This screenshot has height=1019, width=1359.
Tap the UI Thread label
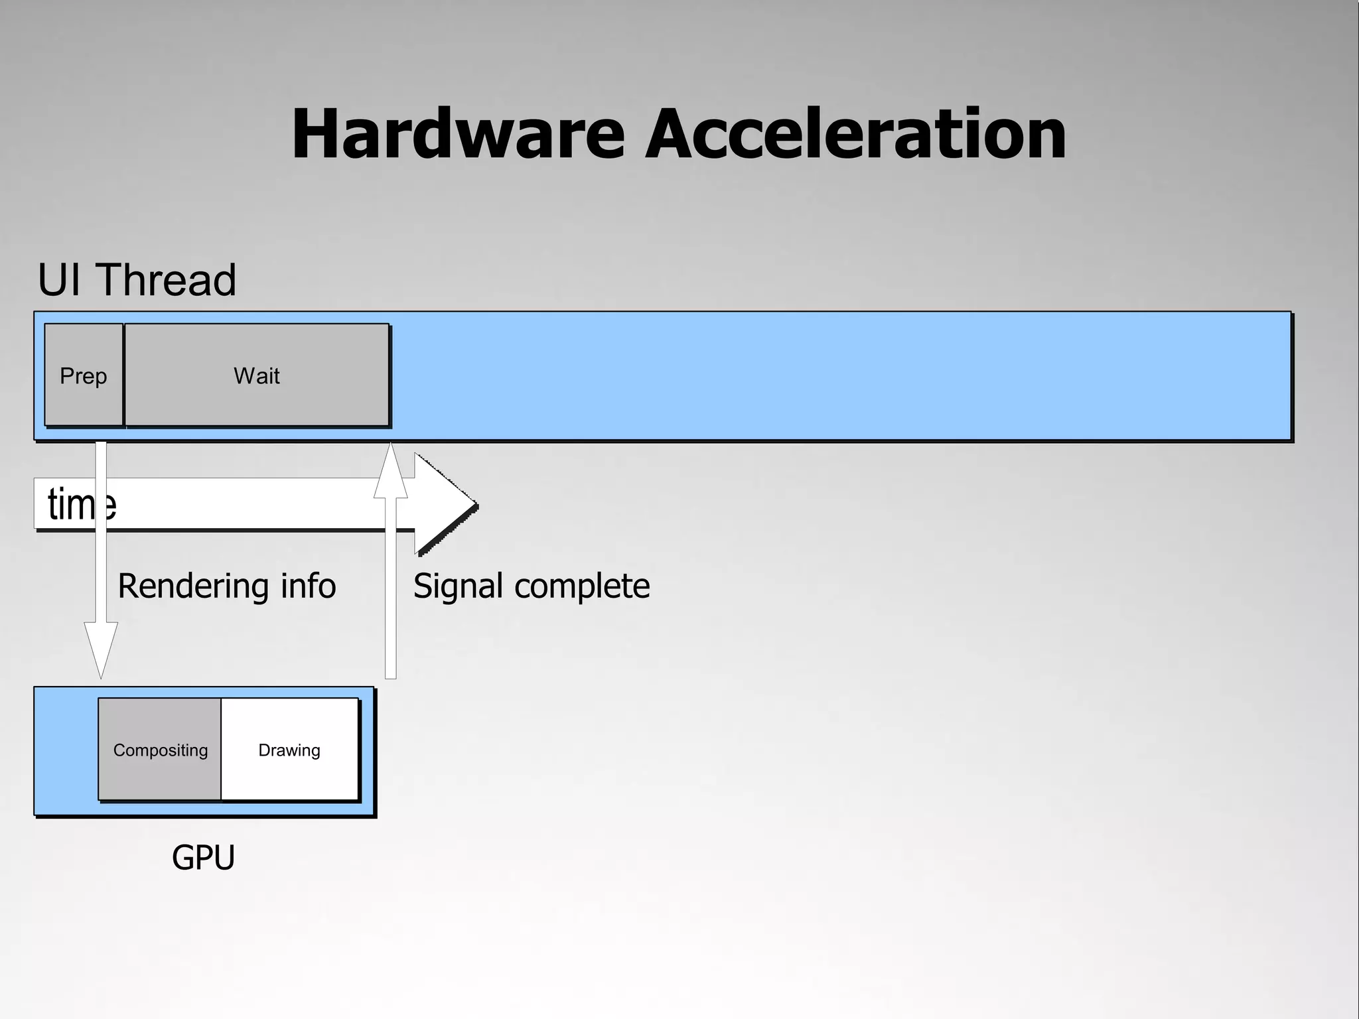pos(137,280)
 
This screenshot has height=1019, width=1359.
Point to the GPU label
pos(203,857)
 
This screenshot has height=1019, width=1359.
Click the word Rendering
pos(192,586)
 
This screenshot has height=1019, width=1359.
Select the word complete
pos(582,586)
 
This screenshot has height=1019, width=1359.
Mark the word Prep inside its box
pos(84,376)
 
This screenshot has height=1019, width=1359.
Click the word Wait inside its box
pos(257,376)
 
